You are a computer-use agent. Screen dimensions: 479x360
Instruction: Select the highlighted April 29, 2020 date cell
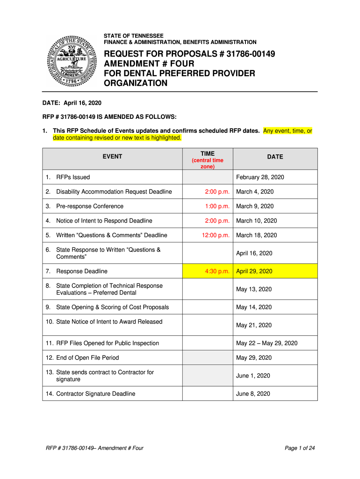[254, 271]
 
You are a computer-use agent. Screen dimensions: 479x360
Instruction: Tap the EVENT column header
[112, 157]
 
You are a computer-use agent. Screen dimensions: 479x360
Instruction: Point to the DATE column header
[275, 157]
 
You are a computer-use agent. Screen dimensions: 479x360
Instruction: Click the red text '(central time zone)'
[208, 163]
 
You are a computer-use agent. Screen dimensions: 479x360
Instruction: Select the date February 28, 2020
[260, 177]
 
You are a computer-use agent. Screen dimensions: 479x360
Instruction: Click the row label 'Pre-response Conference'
[90, 206]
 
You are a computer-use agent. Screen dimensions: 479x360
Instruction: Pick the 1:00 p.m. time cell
[217, 206]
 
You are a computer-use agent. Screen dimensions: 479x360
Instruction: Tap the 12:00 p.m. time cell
[216, 235]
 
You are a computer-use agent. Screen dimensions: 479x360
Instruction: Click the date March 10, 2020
[256, 221]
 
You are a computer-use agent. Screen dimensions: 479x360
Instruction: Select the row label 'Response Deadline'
[81, 271]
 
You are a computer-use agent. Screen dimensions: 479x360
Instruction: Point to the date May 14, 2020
[254, 307]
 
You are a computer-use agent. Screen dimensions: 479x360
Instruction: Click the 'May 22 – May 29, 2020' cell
[266, 343]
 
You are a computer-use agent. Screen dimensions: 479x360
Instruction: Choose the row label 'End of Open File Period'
[87, 358]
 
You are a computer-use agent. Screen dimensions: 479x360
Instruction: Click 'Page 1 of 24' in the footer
[300, 448]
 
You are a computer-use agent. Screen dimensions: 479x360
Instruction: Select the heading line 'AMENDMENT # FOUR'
[149, 64]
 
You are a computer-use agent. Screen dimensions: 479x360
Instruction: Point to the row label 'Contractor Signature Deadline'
[95, 394]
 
